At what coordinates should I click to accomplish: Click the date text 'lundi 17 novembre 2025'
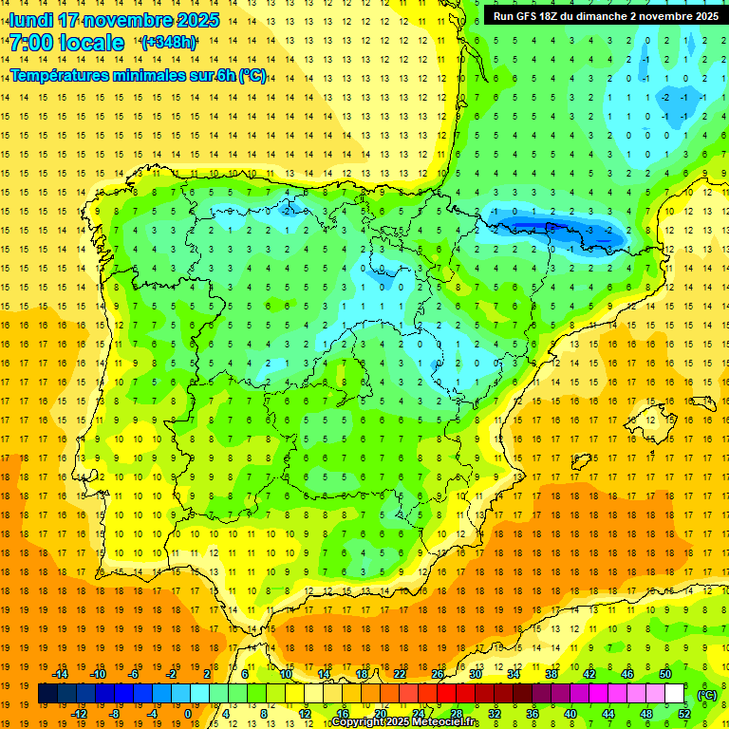[x=114, y=20]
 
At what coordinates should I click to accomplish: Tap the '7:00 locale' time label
[x=66, y=43]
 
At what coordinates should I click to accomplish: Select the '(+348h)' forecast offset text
[x=168, y=43]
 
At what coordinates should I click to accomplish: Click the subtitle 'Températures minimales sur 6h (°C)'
[x=139, y=76]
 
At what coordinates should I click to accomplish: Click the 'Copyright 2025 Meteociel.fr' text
[x=405, y=722]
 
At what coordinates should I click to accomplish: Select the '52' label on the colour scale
[x=684, y=713]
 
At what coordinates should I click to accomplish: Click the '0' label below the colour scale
[x=187, y=713]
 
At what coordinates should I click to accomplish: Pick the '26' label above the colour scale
[x=438, y=674]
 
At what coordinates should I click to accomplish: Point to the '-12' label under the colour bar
[x=79, y=713]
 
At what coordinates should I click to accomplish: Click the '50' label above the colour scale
[x=665, y=674]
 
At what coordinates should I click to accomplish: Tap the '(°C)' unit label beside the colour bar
[x=707, y=695]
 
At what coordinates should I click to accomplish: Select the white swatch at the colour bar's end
[x=675, y=694]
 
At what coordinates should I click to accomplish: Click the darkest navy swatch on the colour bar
[x=47, y=694]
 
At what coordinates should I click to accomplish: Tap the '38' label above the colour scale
[x=551, y=674]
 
